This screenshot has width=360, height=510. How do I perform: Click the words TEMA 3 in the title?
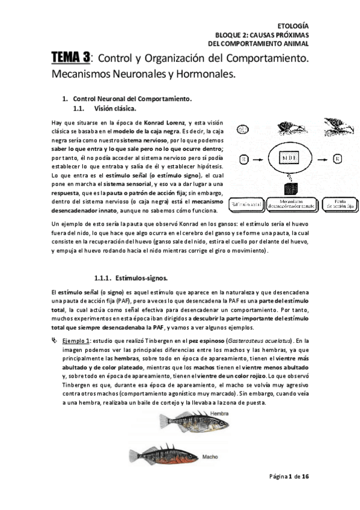tap(70, 58)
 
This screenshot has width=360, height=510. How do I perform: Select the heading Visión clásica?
tap(115, 109)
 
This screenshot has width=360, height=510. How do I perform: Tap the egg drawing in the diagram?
tap(243, 129)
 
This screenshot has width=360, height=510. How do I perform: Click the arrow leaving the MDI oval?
tap(319, 159)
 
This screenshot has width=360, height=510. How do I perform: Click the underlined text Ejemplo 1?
tap(77, 340)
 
